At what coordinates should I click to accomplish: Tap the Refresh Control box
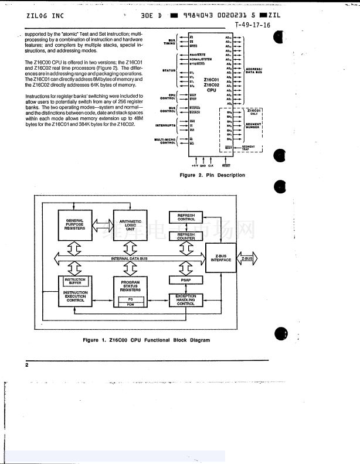point(186,217)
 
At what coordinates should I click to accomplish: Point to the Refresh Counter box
point(186,236)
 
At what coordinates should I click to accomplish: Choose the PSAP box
point(186,280)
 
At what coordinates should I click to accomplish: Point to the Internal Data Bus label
point(129,258)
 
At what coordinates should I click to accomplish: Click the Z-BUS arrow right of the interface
point(248,258)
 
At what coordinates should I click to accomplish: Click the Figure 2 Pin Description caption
point(212,175)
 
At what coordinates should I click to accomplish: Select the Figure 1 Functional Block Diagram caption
point(146,340)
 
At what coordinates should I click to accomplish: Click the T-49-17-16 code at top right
point(253,25)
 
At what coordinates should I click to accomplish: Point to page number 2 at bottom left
point(27,365)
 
